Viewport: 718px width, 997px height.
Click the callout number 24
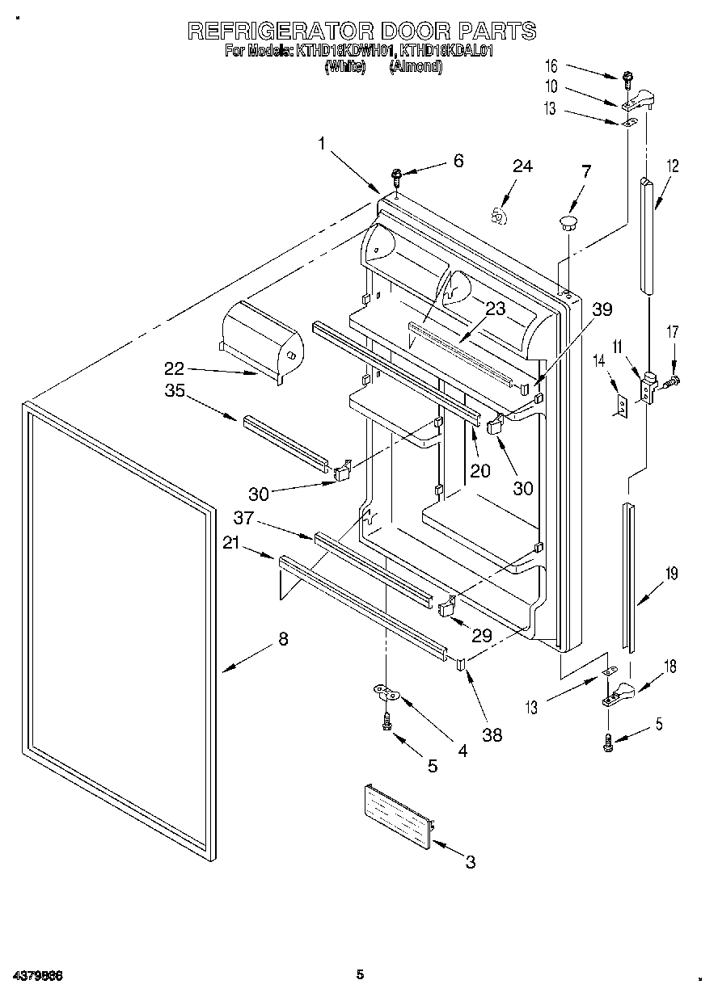pos(522,166)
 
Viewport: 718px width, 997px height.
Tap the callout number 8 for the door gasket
pos(282,638)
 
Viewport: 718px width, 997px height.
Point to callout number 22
pos(175,368)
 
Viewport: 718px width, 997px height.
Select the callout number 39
pos(602,309)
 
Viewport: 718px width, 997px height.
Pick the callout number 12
pos(672,166)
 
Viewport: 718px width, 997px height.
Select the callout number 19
pos(670,574)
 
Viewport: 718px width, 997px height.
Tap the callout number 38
pos(492,734)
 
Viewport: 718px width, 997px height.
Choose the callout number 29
pos(481,636)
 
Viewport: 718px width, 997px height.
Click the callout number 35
pos(175,391)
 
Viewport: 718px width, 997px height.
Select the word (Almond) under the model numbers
pos(416,68)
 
